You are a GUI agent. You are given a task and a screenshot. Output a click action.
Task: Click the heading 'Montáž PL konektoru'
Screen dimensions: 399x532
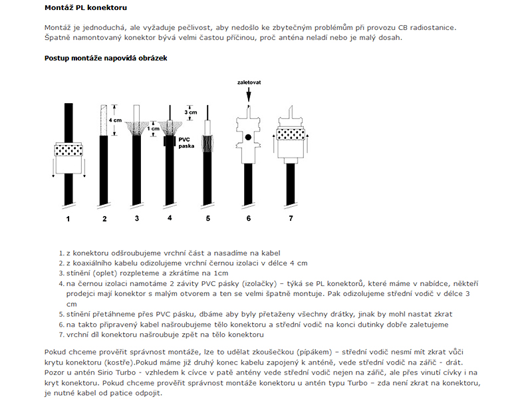tap(86, 8)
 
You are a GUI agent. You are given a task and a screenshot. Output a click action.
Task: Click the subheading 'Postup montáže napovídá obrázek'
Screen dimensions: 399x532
tap(106, 58)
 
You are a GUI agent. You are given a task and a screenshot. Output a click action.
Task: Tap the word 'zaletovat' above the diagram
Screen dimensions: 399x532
tap(248, 83)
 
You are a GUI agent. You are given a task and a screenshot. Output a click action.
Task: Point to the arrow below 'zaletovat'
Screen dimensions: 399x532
tap(248, 95)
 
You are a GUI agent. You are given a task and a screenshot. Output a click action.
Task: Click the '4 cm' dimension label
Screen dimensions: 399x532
tap(115, 120)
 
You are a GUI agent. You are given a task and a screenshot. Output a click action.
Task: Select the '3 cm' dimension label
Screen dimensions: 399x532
tap(191, 112)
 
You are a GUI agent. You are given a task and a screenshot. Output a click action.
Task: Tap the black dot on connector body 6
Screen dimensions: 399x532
tap(247, 137)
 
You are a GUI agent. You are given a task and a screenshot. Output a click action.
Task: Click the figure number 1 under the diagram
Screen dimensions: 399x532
tap(67, 218)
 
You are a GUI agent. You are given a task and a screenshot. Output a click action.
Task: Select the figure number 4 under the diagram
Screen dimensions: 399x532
tap(170, 217)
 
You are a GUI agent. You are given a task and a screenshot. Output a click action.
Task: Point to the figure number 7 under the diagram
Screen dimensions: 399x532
tap(290, 218)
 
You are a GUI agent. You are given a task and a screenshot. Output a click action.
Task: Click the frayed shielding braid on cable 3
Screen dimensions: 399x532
tap(136, 126)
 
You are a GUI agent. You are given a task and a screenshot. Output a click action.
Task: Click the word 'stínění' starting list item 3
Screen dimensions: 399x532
tap(79, 273)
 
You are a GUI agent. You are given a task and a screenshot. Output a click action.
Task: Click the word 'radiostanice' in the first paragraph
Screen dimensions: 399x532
tap(434, 27)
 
